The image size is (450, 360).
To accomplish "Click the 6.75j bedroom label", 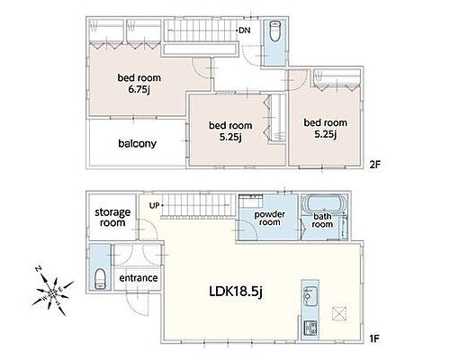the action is (139, 84).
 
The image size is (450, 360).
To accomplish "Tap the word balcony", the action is (138, 143).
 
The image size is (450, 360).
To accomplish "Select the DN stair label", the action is (245, 31).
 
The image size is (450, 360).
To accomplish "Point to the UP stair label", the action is (155, 206).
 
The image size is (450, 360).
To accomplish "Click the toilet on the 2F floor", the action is (274, 31).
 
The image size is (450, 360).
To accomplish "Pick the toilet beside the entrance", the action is (100, 279).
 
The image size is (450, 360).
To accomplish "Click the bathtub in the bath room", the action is (323, 203).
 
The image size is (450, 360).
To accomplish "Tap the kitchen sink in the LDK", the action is (309, 294).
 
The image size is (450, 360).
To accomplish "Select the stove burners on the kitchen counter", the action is (310, 328).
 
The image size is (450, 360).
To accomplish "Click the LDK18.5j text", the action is (236, 292).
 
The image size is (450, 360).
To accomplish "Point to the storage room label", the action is (112, 218).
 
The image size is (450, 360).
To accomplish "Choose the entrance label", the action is (139, 278).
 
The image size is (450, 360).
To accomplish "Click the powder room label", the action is (270, 219).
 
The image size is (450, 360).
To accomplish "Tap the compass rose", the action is (53, 291).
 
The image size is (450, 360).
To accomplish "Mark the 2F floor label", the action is (375, 165).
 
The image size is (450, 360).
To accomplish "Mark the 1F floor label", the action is (374, 339).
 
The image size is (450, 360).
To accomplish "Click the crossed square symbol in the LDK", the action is (339, 314).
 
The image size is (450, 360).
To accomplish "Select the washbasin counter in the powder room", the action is (251, 201).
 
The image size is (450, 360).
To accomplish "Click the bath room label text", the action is (322, 220).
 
